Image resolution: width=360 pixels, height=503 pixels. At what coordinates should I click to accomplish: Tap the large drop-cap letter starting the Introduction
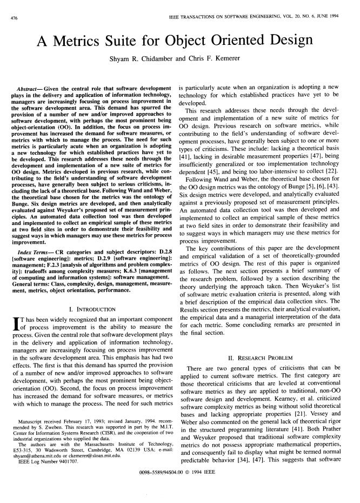pyautogui.click(x=15, y=326)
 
